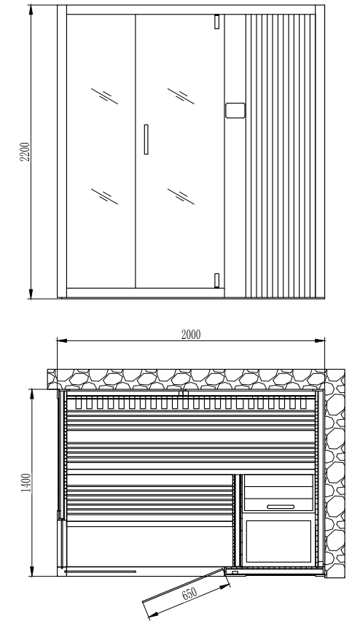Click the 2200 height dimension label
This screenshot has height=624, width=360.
click(x=25, y=152)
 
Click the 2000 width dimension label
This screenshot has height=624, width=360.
click(x=191, y=335)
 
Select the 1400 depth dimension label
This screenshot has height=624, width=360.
click(x=26, y=483)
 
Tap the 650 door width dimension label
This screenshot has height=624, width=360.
click(x=189, y=593)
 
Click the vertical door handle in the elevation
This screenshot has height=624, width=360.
click(x=146, y=139)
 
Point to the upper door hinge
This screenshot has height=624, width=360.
click(x=216, y=22)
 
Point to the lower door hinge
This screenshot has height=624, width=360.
click(x=216, y=280)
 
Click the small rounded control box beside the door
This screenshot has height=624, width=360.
click(x=235, y=110)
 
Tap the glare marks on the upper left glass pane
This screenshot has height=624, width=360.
click(x=105, y=96)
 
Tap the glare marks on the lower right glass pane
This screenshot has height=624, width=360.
click(x=181, y=197)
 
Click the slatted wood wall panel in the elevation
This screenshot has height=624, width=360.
click(x=281, y=156)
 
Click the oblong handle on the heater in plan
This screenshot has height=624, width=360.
click(x=281, y=507)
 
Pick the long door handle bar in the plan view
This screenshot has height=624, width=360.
click(x=101, y=572)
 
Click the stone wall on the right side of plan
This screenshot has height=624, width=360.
click(x=335, y=474)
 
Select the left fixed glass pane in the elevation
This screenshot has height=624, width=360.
click(x=101, y=151)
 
